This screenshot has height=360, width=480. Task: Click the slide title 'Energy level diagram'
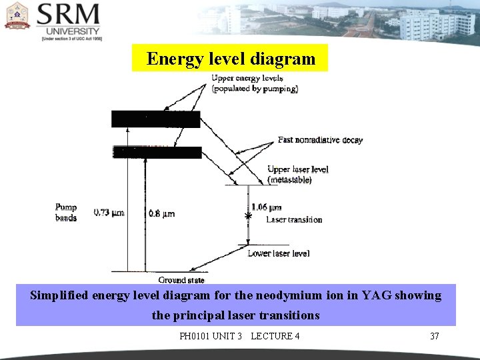pos(231,59)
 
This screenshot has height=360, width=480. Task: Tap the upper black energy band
pos(155,119)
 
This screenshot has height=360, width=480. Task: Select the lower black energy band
pos(157,152)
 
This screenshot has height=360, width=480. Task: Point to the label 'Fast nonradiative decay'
pos(320,140)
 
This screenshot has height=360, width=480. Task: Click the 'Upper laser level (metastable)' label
pos(297,175)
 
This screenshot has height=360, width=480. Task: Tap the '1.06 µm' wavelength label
pos(267,207)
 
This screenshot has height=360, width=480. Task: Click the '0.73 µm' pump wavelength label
pos(109,213)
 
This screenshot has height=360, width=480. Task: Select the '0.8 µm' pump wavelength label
pos(161,213)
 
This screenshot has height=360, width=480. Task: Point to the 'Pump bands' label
pos(66,213)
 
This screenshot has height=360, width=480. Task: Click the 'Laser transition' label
pos(293,219)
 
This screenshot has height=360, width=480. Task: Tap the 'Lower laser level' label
pos(278,253)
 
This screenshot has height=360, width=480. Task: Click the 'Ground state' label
pos(181,280)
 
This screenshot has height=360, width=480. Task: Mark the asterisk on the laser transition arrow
pos(248,217)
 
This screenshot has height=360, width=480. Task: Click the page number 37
pos(434,336)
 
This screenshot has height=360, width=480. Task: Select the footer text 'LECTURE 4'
pos(275,336)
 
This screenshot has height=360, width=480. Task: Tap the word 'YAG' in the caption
pos(379,295)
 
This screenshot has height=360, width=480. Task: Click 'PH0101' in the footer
pos(194,336)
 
